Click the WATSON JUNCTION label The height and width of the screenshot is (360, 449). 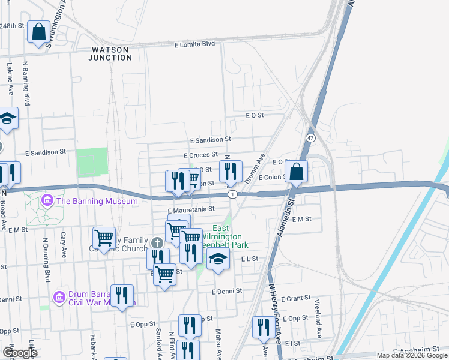tap(111, 53)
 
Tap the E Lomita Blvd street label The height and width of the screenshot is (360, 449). tap(194, 44)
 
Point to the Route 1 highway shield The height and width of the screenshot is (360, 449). tap(232, 194)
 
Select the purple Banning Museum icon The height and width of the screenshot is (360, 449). tap(47, 199)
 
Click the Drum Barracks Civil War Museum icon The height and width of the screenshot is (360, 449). tap(58, 297)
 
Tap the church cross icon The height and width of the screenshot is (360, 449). tap(157, 242)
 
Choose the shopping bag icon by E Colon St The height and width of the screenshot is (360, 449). tap(297, 172)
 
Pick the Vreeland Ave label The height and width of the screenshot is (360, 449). tap(318, 323)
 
